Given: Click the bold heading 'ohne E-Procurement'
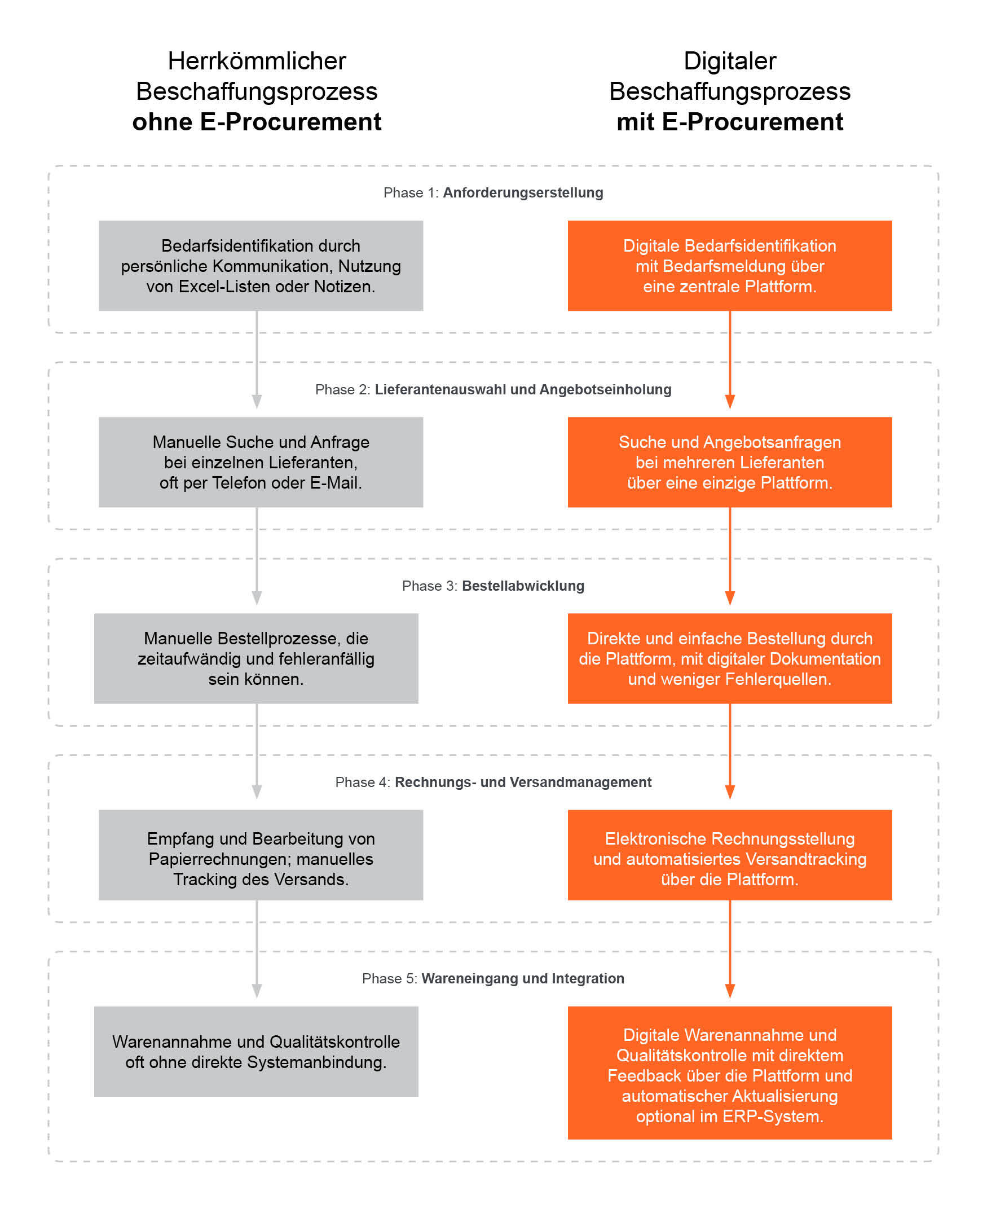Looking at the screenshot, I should (257, 122).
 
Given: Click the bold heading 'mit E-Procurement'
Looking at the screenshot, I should (729, 122).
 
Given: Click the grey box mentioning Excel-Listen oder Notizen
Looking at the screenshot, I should (261, 266).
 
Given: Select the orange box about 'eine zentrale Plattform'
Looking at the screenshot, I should (729, 266).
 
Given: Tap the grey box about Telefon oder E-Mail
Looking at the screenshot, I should (261, 462).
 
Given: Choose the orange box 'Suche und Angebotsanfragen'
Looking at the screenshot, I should (729, 462).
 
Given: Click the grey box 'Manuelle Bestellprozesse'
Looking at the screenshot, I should (256, 658).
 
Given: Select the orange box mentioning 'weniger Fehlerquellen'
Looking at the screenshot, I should (729, 658).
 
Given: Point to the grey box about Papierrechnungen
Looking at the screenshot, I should (261, 855).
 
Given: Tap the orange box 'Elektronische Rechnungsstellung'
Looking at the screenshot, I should (729, 855).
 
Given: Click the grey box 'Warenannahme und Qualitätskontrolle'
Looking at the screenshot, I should (256, 1051).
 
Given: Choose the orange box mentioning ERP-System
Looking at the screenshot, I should (729, 1073).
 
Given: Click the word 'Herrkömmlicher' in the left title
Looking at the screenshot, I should (257, 61).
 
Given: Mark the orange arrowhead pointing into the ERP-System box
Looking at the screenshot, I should (730, 991).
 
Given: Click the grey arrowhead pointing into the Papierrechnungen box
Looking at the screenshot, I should (257, 792).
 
